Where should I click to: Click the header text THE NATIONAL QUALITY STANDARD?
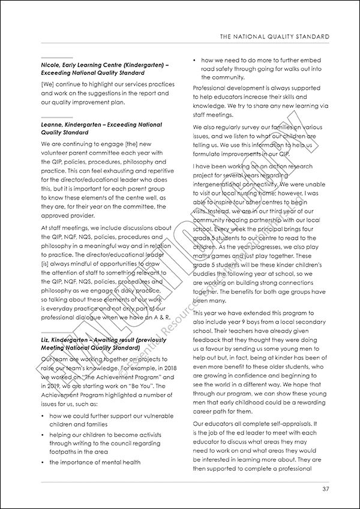[274, 37]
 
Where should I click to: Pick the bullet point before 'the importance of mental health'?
[43, 462]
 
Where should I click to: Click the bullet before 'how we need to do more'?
[196, 61]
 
